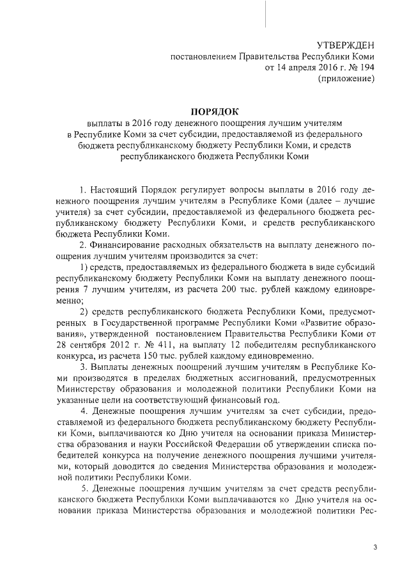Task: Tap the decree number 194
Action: [362, 67]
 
